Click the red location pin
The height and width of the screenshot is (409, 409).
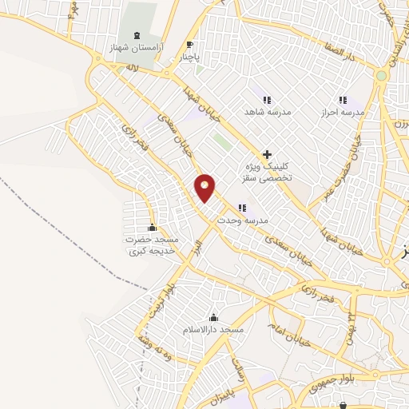205,188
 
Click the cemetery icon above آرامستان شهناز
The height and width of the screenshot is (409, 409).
135,36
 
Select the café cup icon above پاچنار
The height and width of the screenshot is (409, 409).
189,45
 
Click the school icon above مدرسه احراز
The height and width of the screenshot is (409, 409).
343,100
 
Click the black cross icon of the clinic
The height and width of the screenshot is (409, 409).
267,153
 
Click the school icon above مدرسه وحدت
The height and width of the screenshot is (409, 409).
242,207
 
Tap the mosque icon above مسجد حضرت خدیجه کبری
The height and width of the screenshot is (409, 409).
152,227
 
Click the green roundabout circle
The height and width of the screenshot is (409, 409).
382,76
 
